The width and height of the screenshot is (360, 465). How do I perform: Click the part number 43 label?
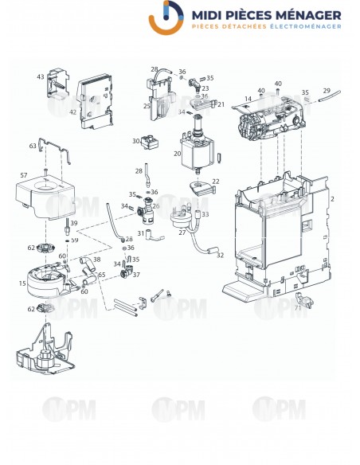coord(40,77)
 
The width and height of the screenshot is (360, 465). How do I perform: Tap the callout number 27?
coord(182,232)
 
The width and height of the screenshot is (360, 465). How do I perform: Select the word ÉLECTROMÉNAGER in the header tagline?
coord(302,27)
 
